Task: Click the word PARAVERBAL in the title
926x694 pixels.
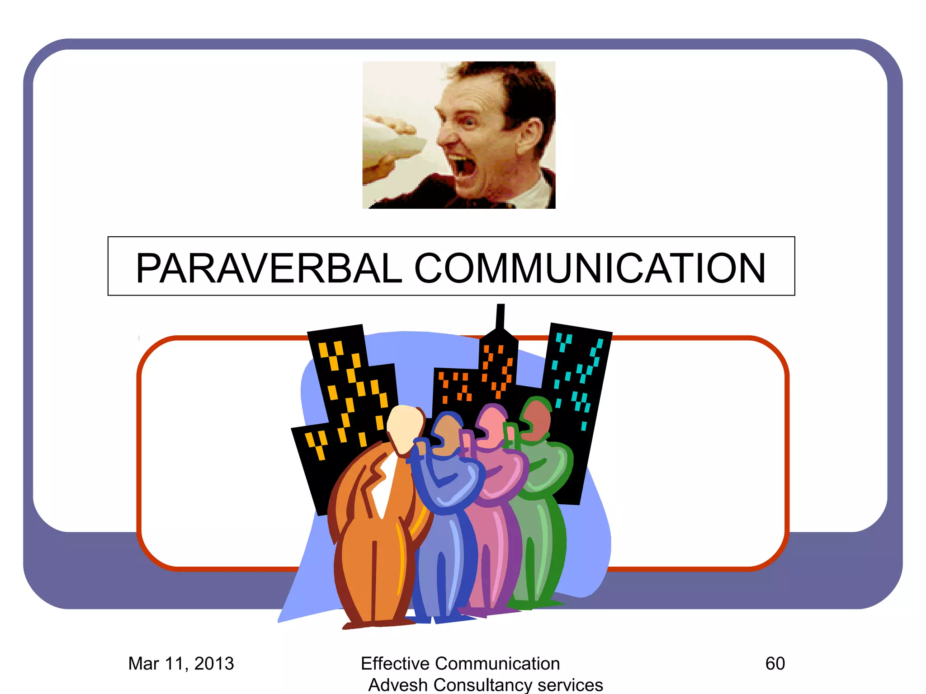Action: [269, 268]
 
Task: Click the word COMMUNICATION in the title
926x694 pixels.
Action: [590, 268]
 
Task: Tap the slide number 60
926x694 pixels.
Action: [775, 663]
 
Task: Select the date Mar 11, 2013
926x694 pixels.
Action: [181, 663]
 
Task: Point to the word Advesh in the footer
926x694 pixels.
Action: [397, 685]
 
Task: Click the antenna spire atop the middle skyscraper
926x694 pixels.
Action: [500, 316]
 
